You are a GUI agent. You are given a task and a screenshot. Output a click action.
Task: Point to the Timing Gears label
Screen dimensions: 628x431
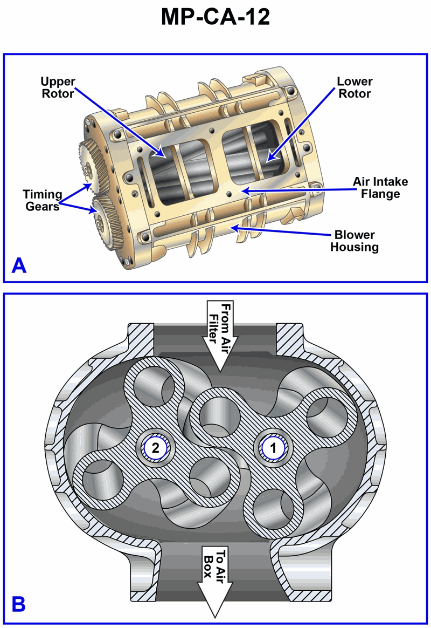[x=42, y=200]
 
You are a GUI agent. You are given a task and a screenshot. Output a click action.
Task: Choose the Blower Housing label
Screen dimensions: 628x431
[x=354, y=241]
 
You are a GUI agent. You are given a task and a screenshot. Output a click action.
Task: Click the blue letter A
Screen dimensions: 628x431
[x=19, y=265]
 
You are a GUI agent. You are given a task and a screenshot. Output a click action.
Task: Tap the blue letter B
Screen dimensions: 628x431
[x=19, y=604]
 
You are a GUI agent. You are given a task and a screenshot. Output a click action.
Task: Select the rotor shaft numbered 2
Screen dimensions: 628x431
[x=156, y=447]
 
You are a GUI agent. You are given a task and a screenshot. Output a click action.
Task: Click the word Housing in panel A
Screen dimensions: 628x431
[x=354, y=247]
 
